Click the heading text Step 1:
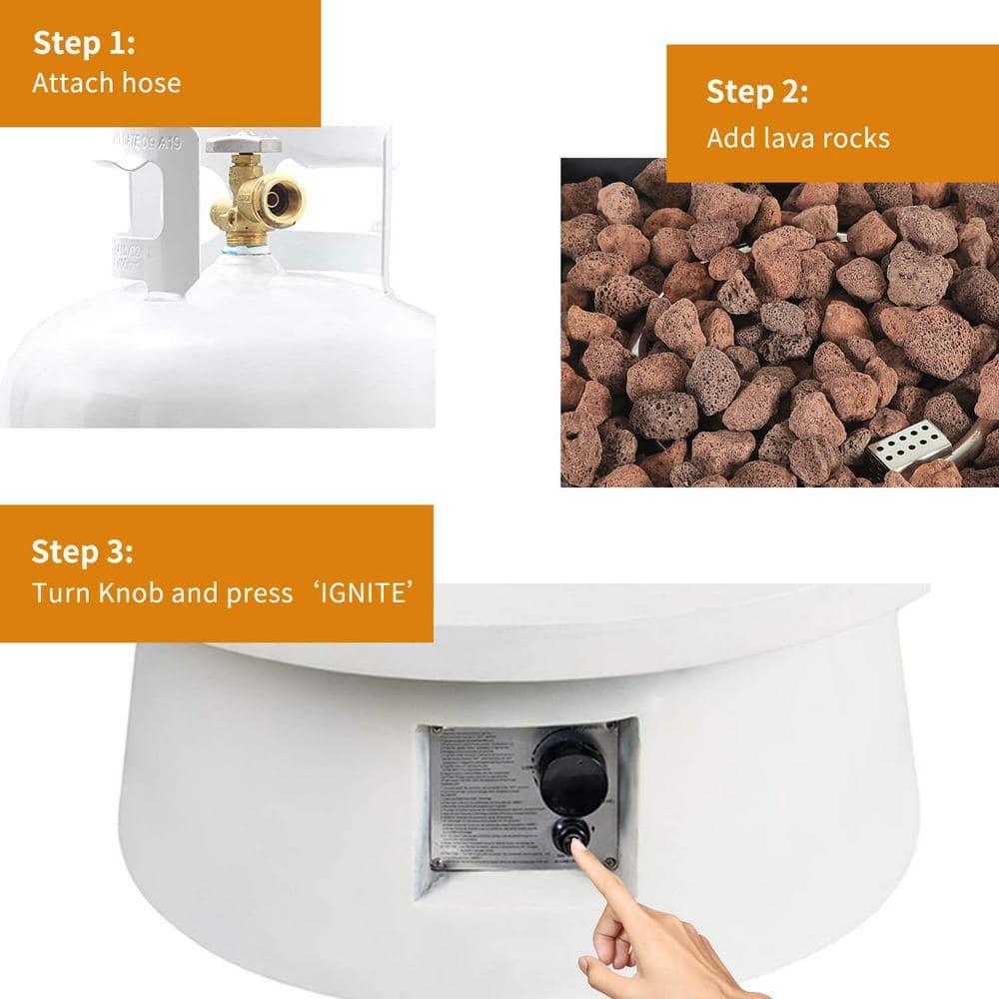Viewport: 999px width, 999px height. [x=84, y=44]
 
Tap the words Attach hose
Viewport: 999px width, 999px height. [x=106, y=82]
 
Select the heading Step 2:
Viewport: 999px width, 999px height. [x=757, y=92]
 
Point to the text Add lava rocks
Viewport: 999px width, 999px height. [x=797, y=138]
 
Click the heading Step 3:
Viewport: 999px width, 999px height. [x=82, y=551]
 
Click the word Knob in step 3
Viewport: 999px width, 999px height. [x=131, y=593]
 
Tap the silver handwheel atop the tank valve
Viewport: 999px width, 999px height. [x=243, y=143]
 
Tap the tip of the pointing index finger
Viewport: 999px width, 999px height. [x=576, y=845]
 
